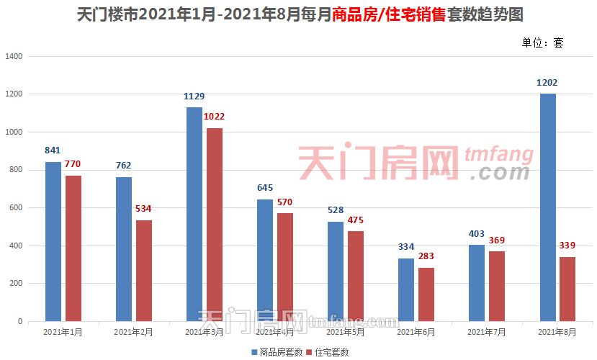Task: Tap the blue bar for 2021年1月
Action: pos(53,241)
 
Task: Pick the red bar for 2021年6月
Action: pos(426,294)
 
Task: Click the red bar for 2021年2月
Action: pos(144,271)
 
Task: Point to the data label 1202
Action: pos(547,83)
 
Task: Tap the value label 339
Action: pos(568,246)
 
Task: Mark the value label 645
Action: pos(265,188)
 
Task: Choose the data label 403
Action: pos(477,234)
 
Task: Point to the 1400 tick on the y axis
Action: pos(14,56)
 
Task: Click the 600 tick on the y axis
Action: pos(17,208)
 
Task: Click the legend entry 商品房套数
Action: pos(277,352)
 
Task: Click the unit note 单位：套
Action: pos(542,42)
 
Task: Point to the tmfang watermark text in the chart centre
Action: pos(498,154)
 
